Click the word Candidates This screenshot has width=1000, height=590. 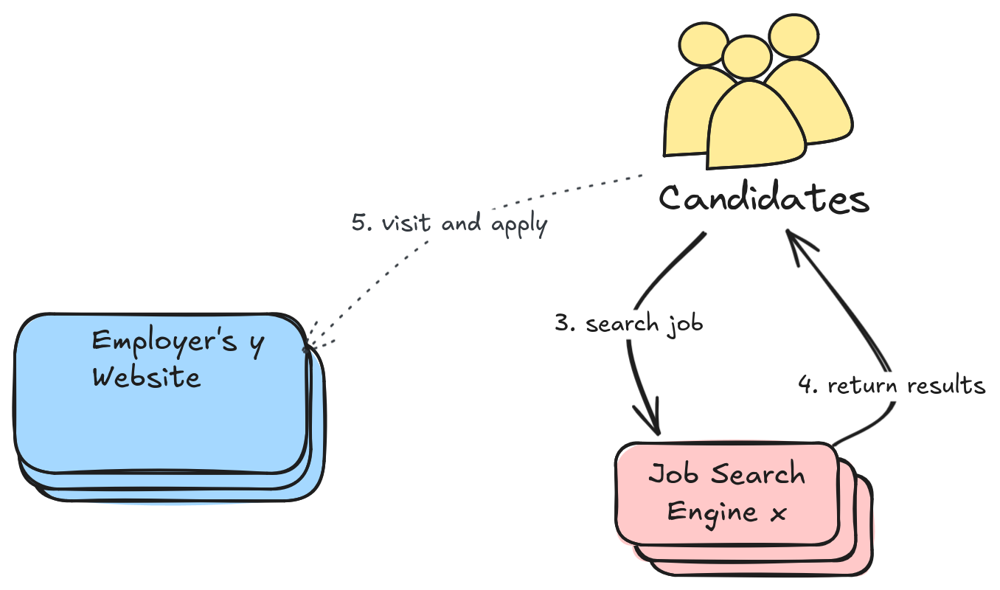(x=763, y=199)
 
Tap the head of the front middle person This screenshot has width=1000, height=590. (x=746, y=58)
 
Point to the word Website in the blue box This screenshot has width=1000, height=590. (x=146, y=377)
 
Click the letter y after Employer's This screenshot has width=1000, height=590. (x=257, y=344)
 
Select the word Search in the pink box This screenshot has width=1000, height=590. (x=755, y=474)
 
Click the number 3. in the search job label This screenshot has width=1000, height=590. (x=565, y=323)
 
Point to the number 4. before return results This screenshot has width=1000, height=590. (x=808, y=385)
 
